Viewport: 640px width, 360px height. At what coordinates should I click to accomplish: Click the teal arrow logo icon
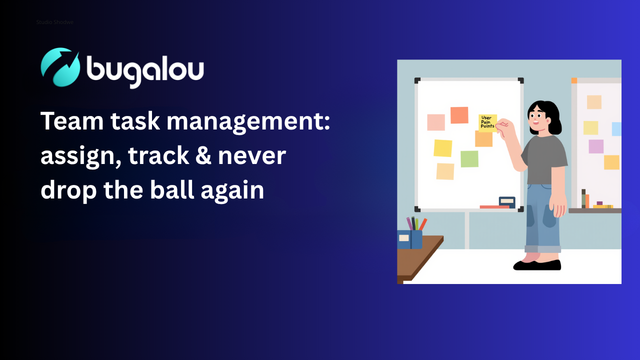(x=60, y=67)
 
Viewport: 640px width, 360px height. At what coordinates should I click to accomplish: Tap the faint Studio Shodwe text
(x=55, y=22)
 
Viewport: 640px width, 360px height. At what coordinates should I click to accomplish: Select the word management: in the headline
(x=248, y=121)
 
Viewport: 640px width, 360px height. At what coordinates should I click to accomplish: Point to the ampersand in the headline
(x=203, y=155)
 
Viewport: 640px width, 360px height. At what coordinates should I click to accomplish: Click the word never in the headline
(x=252, y=156)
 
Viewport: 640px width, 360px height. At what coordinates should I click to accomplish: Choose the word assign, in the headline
(x=81, y=157)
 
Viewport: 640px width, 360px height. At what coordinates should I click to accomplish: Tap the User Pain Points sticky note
(x=487, y=123)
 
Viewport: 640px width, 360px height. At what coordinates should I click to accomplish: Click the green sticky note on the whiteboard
(x=469, y=159)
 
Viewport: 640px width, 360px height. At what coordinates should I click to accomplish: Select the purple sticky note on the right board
(x=596, y=146)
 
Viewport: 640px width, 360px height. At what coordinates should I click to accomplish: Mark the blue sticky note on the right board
(x=616, y=129)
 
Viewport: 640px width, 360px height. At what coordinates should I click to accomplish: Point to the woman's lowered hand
(x=557, y=206)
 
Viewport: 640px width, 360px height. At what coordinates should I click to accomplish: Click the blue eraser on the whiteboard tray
(x=507, y=202)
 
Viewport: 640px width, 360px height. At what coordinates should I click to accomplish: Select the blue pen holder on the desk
(x=410, y=239)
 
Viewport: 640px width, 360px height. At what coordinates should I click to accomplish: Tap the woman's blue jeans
(x=542, y=218)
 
